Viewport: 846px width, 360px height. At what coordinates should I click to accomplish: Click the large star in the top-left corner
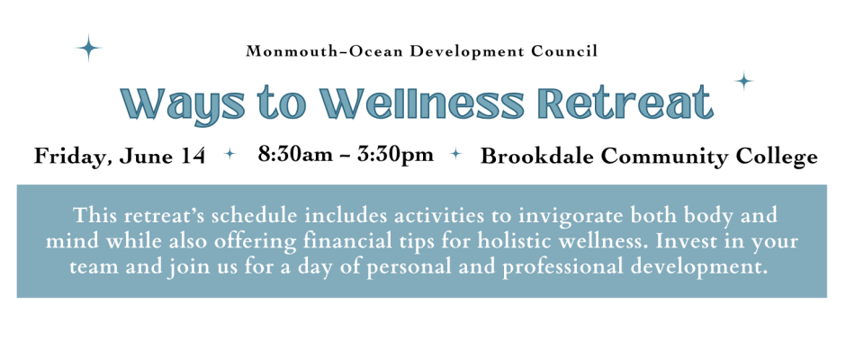click(x=88, y=49)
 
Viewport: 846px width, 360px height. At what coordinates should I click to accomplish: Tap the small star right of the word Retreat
click(x=744, y=82)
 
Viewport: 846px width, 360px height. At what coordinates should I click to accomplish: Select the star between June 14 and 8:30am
click(x=230, y=154)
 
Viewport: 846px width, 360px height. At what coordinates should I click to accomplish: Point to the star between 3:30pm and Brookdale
click(x=456, y=154)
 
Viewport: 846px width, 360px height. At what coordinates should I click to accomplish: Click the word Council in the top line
click(x=564, y=52)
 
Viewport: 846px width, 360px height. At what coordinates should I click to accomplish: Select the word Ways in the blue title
click(x=178, y=103)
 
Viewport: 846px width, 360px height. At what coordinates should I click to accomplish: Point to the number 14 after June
click(x=193, y=157)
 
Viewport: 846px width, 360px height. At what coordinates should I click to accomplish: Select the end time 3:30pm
click(x=397, y=156)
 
